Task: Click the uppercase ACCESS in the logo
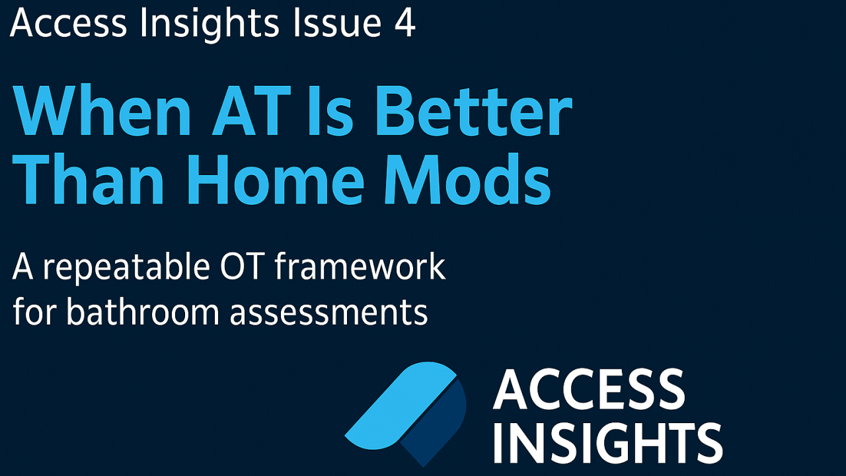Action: (588, 390)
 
